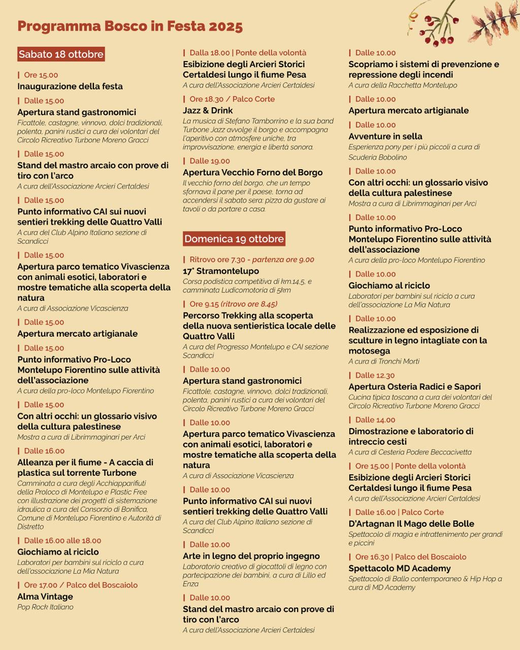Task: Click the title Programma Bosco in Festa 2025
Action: click(x=130, y=26)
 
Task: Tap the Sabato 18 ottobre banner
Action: click(x=61, y=54)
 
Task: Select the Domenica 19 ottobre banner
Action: click(x=234, y=239)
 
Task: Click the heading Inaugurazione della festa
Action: click(x=70, y=86)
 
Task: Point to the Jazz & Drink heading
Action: click(x=208, y=110)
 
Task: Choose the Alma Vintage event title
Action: click(x=45, y=597)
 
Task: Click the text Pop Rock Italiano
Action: click(x=45, y=607)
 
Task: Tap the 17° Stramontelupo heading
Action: click(x=221, y=271)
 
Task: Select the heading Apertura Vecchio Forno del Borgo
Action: click(x=253, y=172)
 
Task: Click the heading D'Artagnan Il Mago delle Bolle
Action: click(x=411, y=524)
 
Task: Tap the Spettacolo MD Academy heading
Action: click(x=400, y=568)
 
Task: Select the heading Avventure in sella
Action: click(x=385, y=136)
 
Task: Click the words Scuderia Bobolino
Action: click(x=378, y=157)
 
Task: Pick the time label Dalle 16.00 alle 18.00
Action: click(x=62, y=541)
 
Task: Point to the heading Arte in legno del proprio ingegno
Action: click(x=251, y=556)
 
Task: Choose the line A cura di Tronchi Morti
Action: click(x=384, y=362)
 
